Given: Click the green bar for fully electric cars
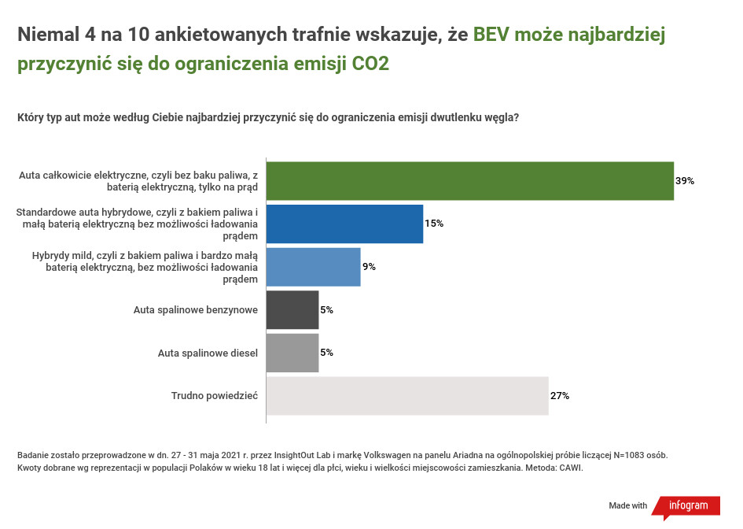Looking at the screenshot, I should (469, 181).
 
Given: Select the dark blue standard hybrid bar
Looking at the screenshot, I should (344, 224).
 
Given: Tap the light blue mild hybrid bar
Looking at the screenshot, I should (313, 267).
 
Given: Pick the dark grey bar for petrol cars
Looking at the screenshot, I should (292, 310).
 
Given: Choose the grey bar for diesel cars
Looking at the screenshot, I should (292, 353).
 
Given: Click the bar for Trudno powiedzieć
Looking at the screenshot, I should (407, 396).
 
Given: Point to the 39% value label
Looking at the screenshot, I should (685, 181).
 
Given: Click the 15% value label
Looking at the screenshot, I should (434, 224).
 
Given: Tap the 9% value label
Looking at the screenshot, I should (369, 267).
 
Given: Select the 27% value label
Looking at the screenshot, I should (560, 396).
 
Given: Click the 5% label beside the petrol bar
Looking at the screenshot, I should (326, 310).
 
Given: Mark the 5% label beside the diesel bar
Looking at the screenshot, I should (326, 353).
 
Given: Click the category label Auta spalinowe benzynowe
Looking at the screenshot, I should (196, 310).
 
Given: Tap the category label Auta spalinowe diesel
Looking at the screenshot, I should (208, 353).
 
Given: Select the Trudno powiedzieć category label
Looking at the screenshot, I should (215, 396).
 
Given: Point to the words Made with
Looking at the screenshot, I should (628, 505).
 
